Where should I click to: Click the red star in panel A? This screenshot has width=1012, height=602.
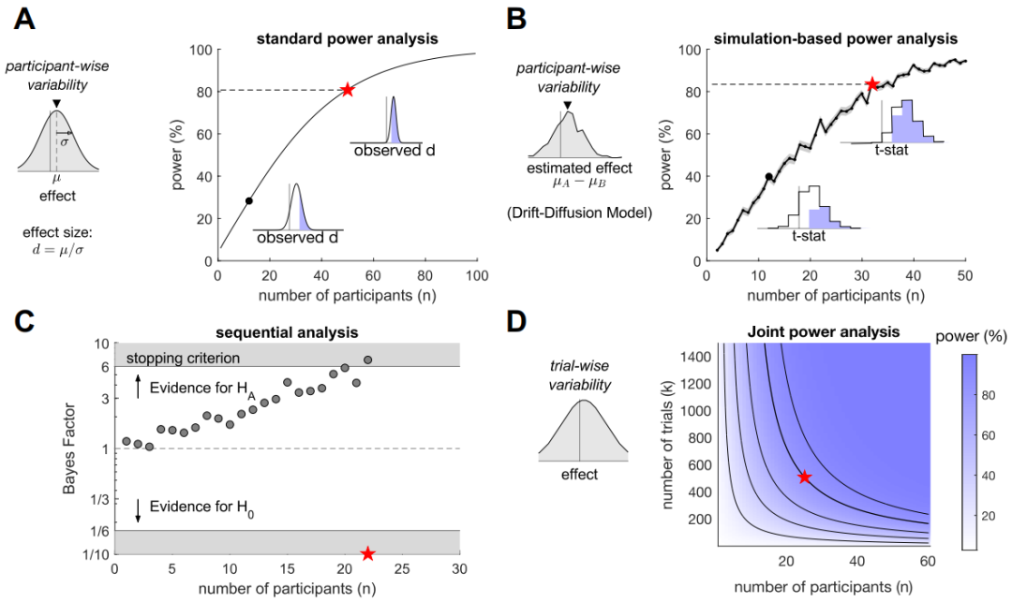click(348, 90)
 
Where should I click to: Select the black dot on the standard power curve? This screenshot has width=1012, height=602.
click(248, 200)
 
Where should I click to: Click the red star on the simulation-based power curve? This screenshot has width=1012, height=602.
click(872, 84)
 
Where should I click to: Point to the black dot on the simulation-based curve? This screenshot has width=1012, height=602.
click(769, 176)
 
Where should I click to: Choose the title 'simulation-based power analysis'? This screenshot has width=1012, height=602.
click(834, 38)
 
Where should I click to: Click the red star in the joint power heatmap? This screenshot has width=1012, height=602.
click(804, 477)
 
